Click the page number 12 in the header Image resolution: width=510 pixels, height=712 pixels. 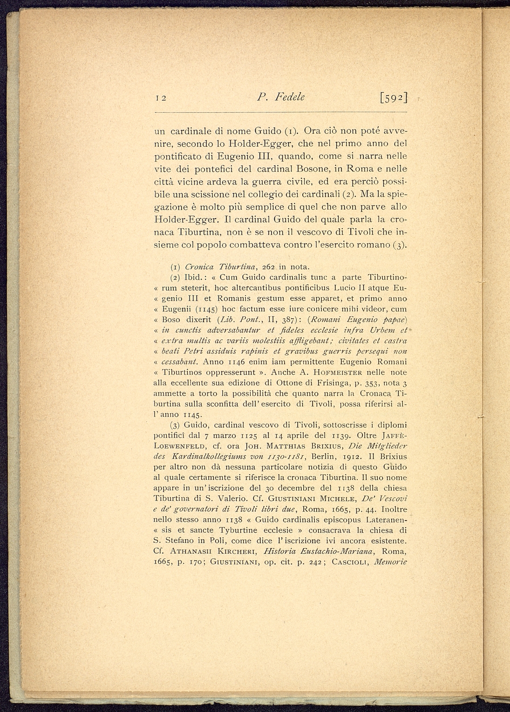pos(161,98)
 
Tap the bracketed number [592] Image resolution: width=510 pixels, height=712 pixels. pos(393,97)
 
